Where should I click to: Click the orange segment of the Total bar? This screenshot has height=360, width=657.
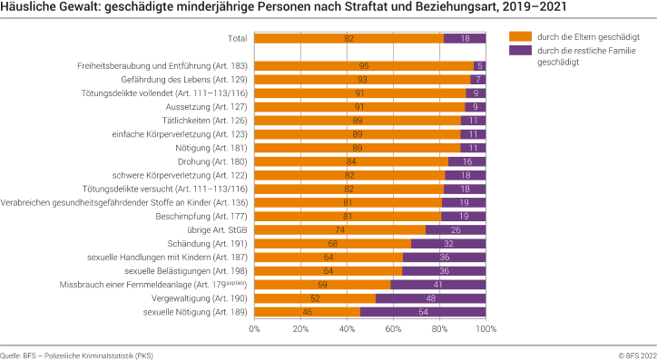click(x=348, y=38)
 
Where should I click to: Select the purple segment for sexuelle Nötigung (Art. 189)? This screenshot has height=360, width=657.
click(x=423, y=312)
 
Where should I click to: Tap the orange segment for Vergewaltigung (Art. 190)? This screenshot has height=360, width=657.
click(x=314, y=298)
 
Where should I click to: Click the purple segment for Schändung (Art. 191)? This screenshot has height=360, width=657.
click(x=448, y=243)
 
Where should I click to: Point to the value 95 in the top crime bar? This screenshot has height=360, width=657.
click(x=364, y=65)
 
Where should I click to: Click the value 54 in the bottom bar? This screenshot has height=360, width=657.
click(x=423, y=312)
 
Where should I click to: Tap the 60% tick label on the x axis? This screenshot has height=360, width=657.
click(x=393, y=329)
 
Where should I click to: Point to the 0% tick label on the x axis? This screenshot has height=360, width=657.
click(x=254, y=329)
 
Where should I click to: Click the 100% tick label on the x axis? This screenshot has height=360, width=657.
click(x=485, y=329)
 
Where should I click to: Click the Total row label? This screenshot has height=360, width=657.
click(x=238, y=38)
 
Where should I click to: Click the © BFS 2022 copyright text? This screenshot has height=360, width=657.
click(x=634, y=353)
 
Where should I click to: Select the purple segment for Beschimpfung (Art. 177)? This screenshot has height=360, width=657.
click(x=464, y=216)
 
